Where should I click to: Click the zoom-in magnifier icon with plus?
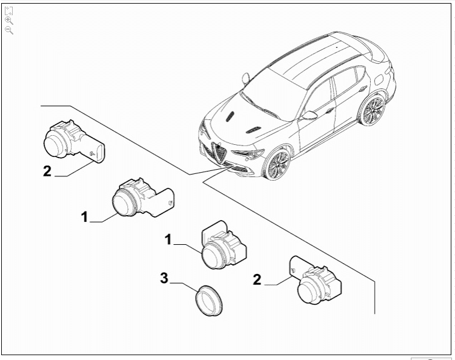pyautogui.click(x=8, y=20)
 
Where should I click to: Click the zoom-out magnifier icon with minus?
pyautogui.click(x=8, y=30)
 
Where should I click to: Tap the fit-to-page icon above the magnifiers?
pyautogui.click(x=8, y=10)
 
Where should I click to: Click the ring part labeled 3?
pyautogui.click(x=207, y=301)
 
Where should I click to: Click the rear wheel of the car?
pyautogui.click(x=371, y=109)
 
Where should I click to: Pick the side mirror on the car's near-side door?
pyautogui.click(x=310, y=115)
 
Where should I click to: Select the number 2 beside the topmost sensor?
pyautogui.click(x=47, y=171)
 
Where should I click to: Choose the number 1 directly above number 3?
pyautogui.click(x=168, y=240)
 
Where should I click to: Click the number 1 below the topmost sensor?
pyautogui.click(x=85, y=216)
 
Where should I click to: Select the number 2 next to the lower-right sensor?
pyautogui.click(x=257, y=279)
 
